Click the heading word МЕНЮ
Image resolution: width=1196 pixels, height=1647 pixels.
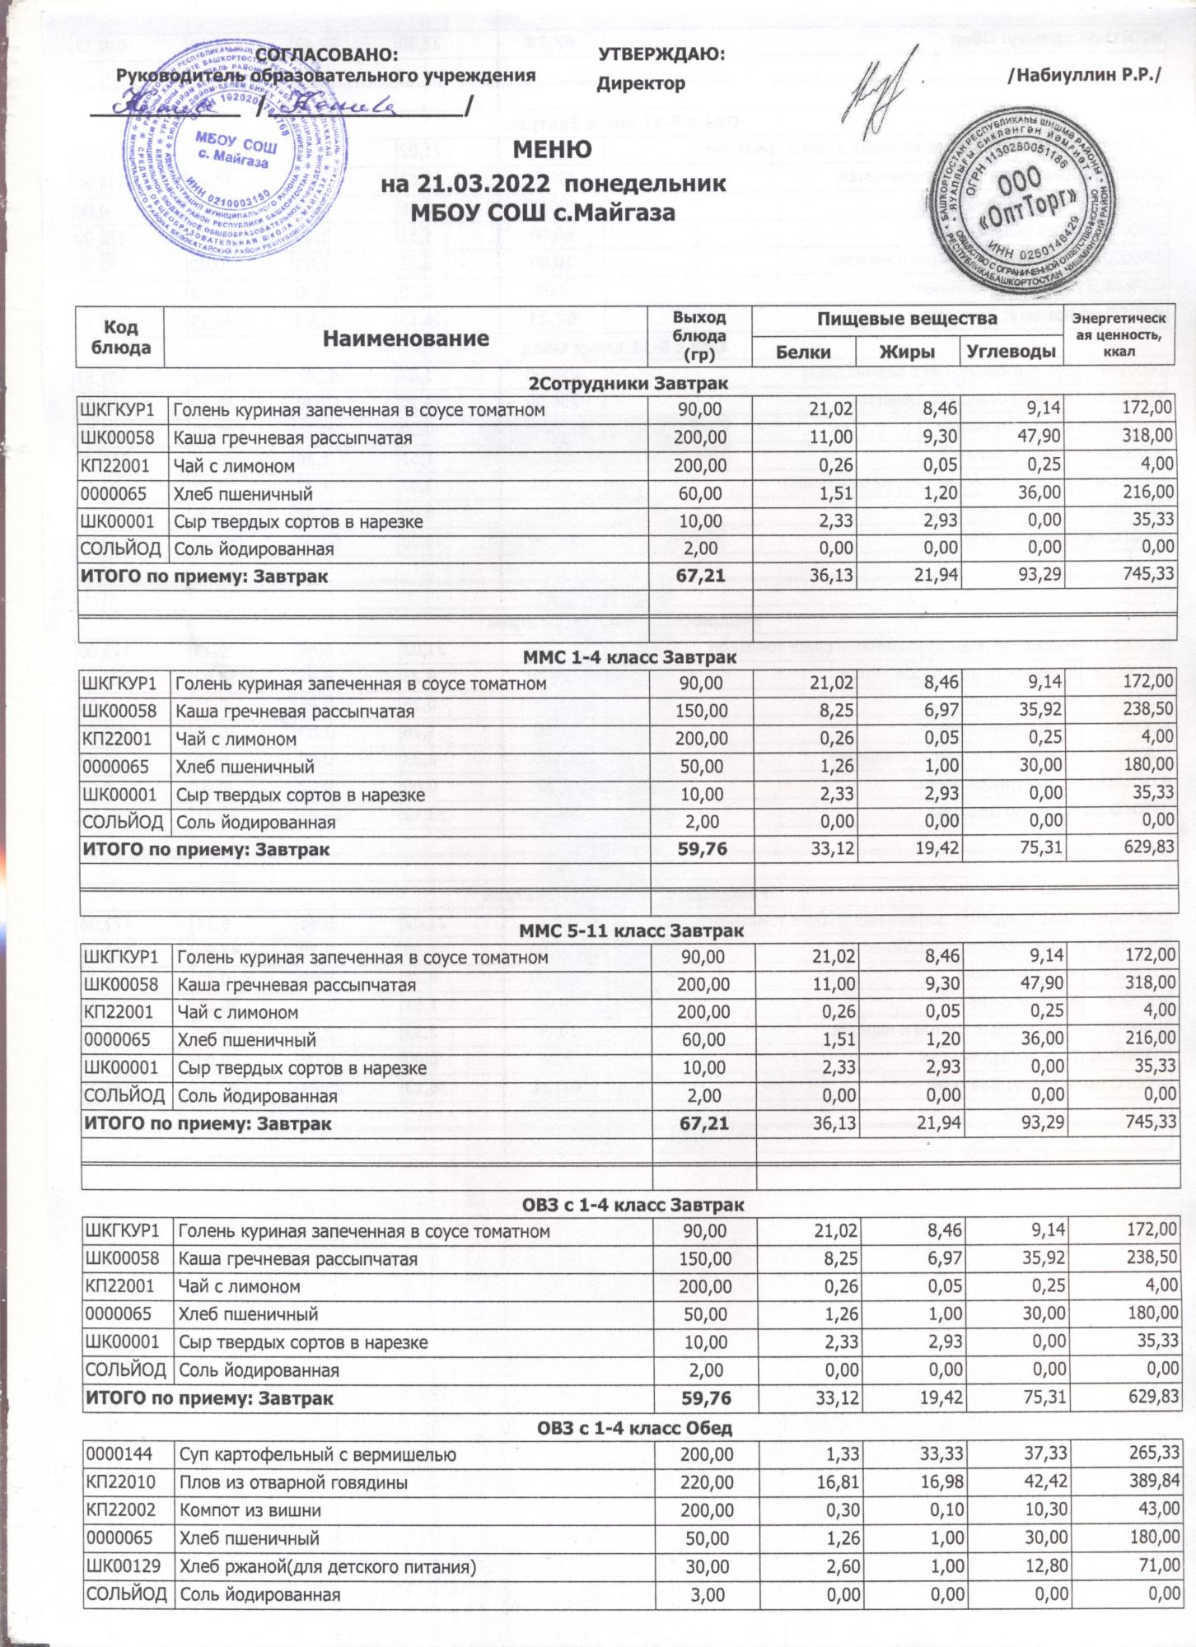pos(553,149)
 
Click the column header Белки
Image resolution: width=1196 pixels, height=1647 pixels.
pos(804,352)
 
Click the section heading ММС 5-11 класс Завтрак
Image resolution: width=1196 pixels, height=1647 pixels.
pos(631,931)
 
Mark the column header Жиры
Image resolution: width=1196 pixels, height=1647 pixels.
pos(908,352)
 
